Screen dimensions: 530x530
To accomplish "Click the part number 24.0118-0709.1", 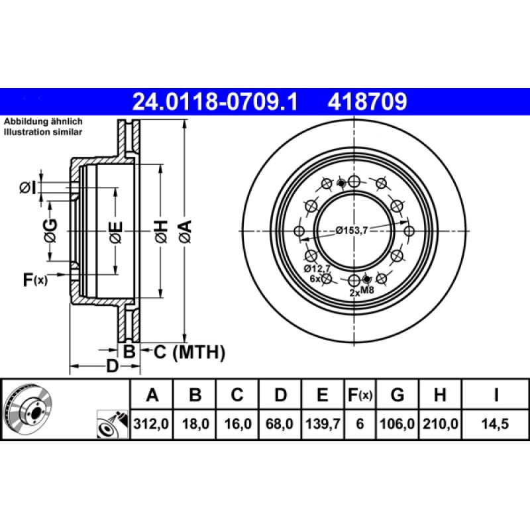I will [215, 101].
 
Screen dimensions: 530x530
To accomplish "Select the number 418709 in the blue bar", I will [366, 101].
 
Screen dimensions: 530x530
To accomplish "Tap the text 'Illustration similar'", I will [44, 132].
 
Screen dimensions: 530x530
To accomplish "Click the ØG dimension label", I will [50, 229].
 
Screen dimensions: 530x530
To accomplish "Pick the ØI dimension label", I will [27, 189].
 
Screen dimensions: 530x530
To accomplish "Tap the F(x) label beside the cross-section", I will [35, 280].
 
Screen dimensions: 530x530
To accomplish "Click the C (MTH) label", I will [189, 352].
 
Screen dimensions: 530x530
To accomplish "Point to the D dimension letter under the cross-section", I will [113, 366].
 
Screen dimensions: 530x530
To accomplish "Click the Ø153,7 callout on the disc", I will [351, 230].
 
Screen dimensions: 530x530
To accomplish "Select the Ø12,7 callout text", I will [317, 268].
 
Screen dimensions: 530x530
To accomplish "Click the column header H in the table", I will [439, 396].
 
